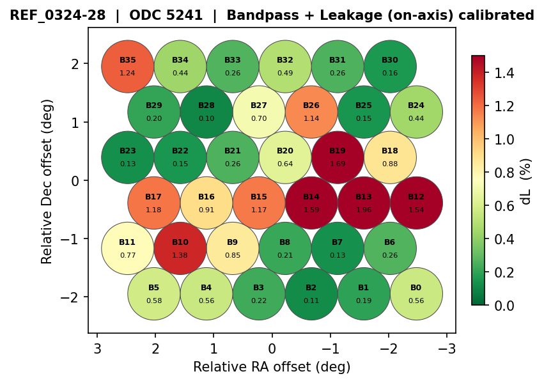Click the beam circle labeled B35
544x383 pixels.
coord(128,66)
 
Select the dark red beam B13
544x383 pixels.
coord(364,203)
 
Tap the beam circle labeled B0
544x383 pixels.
coord(416,294)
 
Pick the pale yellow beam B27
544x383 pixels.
coord(259,112)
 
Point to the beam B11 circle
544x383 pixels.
coord(128,248)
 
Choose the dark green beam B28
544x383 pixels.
coord(206,112)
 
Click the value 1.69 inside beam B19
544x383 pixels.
coord(338,164)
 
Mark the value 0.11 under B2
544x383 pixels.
coord(311,301)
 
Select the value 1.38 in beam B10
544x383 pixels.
coord(180,255)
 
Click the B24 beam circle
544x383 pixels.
coord(416,112)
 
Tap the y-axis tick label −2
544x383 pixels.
coord(71,297)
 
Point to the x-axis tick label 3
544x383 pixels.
coord(97,348)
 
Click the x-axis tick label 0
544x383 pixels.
coord(272,348)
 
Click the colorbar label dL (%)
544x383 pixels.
coord(526,181)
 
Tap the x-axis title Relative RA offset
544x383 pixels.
coord(272,367)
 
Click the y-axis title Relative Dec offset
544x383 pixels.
coord(47,181)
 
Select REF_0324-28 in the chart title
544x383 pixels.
coord(58,15)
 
